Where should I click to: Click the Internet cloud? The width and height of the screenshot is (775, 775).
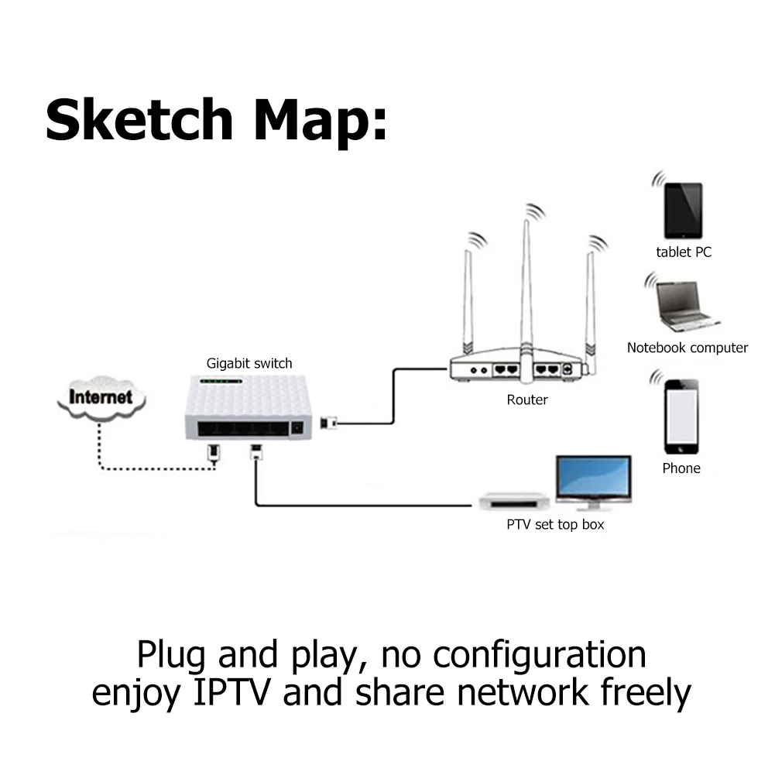(x=100, y=398)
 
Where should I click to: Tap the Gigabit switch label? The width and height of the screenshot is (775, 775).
(x=249, y=363)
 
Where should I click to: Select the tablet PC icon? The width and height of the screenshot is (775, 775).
(x=683, y=211)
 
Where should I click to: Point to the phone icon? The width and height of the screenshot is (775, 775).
(x=681, y=417)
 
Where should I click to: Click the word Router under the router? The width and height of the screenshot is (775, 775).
(x=527, y=400)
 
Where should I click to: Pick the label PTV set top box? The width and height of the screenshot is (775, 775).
(x=555, y=525)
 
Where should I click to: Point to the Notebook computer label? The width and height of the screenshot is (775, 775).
(x=688, y=348)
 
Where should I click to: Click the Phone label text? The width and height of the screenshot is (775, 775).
(x=681, y=468)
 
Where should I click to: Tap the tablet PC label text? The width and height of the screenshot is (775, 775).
(x=684, y=252)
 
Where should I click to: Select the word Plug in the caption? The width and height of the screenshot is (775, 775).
(x=171, y=654)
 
